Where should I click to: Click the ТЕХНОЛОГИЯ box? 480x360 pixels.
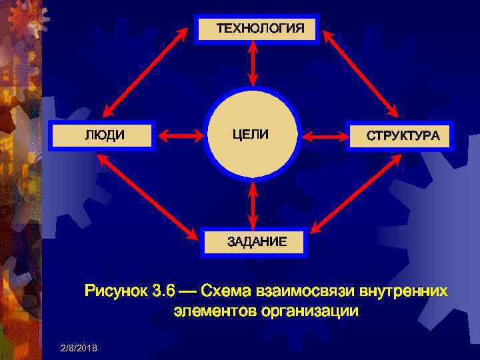257,29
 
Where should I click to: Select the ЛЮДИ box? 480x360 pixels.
103,135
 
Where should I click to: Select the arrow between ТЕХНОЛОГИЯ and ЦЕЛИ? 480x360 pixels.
253,65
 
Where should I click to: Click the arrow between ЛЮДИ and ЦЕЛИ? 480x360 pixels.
180,136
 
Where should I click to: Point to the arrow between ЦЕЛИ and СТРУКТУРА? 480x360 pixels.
326,137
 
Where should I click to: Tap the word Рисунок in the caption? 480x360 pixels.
116,291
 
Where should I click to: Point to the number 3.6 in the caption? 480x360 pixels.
165,291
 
